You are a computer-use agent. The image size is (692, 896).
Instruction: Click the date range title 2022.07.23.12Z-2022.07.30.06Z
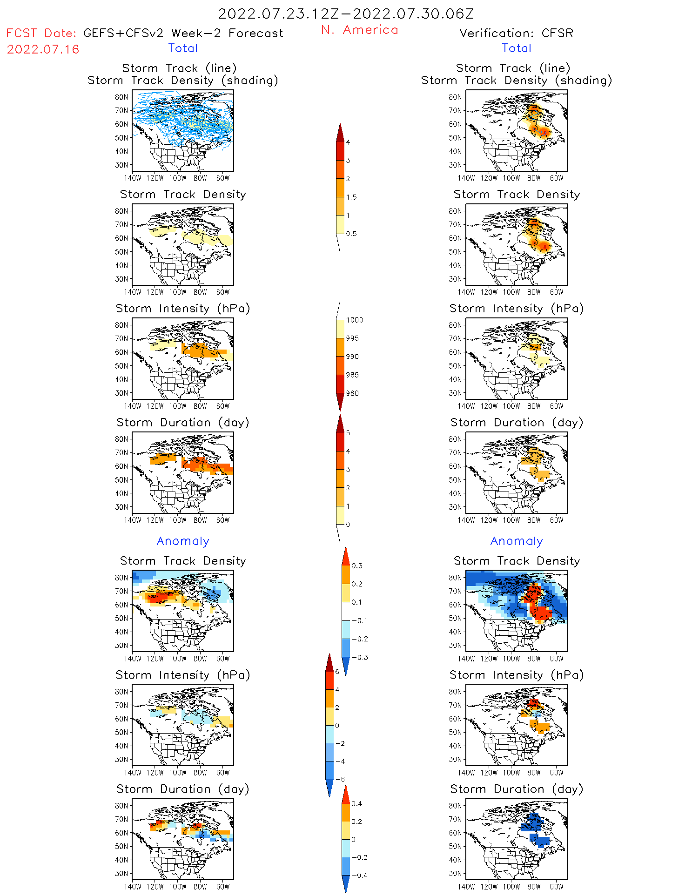click(346, 14)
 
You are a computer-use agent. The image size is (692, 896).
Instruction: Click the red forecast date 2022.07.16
click(43, 49)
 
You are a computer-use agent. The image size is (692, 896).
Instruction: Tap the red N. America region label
click(359, 30)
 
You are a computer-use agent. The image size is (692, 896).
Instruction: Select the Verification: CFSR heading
click(516, 33)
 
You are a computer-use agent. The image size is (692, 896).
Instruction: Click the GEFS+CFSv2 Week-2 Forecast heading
click(183, 33)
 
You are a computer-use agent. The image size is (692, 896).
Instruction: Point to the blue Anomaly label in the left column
click(183, 541)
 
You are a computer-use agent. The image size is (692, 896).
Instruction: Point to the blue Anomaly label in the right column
click(517, 541)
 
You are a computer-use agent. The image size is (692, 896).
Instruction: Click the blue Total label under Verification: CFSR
click(517, 48)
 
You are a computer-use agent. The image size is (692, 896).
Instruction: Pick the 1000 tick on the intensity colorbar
click(354, 320)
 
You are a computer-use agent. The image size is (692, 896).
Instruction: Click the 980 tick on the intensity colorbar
click(352, 393)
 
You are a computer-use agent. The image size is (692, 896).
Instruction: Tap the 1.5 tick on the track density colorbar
click(351, 197)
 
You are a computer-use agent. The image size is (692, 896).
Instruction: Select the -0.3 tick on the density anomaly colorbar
click(360, 657)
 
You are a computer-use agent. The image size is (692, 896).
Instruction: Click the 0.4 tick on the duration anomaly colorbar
click(356, 803)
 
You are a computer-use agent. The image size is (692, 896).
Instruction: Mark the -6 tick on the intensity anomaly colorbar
click(341, 779)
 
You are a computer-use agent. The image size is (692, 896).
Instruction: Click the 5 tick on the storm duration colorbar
click(348, 432)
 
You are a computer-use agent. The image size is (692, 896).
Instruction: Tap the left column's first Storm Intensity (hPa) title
click(183, 308)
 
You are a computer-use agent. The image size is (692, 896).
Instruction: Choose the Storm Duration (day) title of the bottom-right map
click(517, 789)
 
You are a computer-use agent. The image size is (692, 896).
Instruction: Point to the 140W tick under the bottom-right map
click(466, 887)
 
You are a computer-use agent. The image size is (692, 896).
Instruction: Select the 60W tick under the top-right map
click(557, 178)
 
